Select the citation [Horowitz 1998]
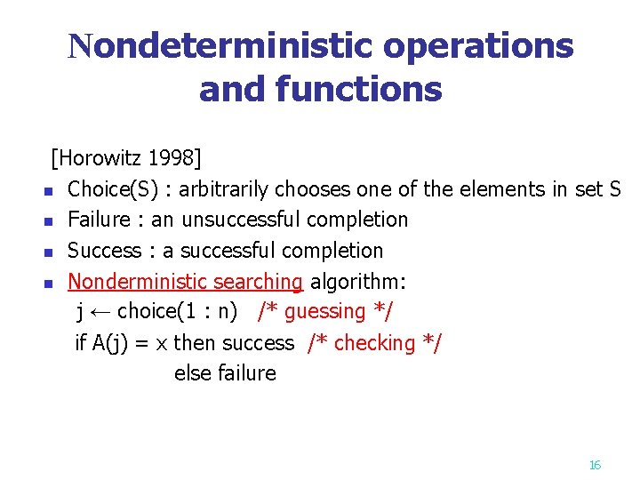(x=126, y=158)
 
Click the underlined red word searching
(x=259, y=282)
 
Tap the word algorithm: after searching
(x=358, y=282)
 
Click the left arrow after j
(x=100, y=312)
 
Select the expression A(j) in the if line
(x=111, y=343)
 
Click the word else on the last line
(x=191, y=373)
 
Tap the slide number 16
(x=596, y=465)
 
